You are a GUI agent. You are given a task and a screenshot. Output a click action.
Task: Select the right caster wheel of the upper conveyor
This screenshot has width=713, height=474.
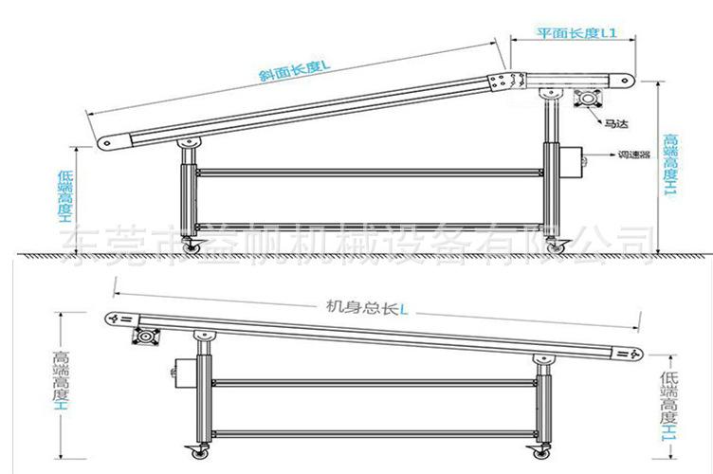(559, 246)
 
